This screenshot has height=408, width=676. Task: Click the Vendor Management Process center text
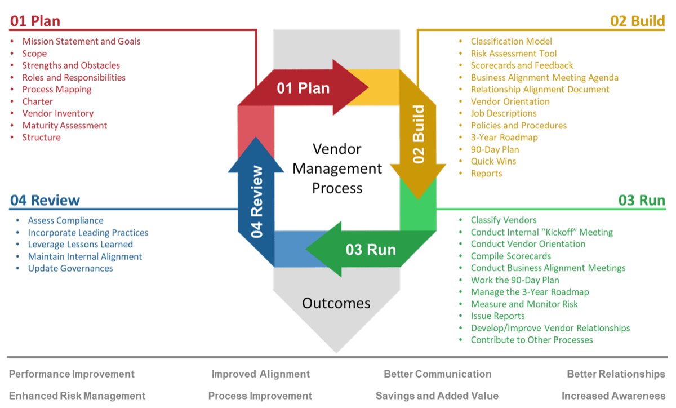(x=337, y=168)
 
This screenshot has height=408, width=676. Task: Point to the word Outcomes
(x=336, y=303)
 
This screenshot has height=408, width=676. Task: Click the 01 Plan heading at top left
(x=35, y=21)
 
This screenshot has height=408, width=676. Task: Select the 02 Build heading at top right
(x=638, y=21)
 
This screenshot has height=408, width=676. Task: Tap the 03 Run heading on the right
(x=642, y=201)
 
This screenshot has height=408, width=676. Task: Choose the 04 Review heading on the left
(x=45, y=201)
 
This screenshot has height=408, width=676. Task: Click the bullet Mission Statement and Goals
(x=81, y=41)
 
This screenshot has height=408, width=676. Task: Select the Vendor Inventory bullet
(x=57, y=113)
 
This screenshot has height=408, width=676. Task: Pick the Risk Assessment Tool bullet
(x=514, y=54)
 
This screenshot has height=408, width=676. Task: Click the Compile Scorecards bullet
(x=511, y=256)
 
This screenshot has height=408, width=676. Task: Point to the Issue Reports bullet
(x=498, y=316)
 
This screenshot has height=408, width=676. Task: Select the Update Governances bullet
(x=70, y=268)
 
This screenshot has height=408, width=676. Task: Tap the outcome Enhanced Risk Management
(x=77, y=396)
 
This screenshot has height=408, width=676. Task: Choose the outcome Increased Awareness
(x=613, y=396)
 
